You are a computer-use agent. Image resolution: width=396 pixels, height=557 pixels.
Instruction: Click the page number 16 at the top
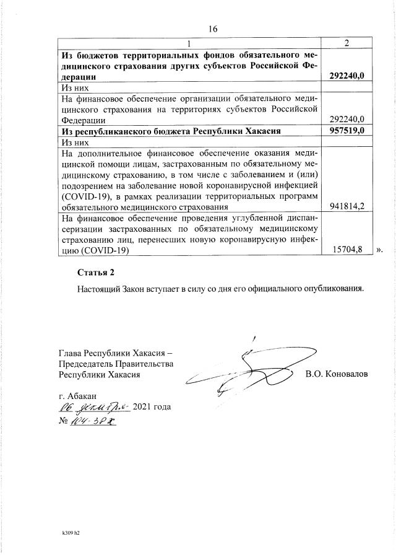click(x=213, y=29)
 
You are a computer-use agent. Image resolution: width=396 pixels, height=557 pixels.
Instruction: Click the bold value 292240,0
click(x=346, y=76)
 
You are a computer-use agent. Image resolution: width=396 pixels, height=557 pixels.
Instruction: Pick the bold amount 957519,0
click(x=346, y=131)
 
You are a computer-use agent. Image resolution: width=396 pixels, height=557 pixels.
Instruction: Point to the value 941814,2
click(x=346, y=206)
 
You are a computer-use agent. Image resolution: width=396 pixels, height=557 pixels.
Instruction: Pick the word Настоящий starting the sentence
click(x=97, y=289)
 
